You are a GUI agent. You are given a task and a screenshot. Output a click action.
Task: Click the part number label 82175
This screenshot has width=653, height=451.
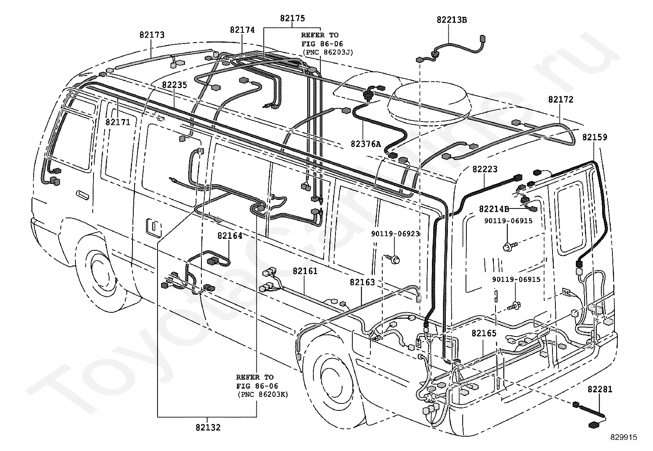point(292,18)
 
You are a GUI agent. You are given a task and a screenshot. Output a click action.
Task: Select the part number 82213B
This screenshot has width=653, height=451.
point(452,20)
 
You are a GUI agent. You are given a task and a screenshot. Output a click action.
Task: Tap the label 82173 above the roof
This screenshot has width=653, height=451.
point(152,35)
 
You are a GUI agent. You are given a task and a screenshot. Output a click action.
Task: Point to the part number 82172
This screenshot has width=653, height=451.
point(561,99)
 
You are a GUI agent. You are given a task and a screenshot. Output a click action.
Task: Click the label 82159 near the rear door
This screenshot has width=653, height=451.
point(595,137)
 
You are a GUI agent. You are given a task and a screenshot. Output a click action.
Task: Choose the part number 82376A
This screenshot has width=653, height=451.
point(365,144)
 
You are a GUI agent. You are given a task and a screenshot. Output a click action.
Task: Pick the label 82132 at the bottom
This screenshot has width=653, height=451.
point(208,427)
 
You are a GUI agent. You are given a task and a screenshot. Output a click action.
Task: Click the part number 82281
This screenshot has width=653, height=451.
point(600,389)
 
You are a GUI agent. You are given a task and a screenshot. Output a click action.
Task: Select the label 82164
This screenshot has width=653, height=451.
point(230,236)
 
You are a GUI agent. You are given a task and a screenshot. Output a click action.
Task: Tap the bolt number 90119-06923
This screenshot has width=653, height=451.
point(395,234)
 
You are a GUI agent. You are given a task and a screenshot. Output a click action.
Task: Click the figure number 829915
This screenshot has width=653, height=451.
point(624,437)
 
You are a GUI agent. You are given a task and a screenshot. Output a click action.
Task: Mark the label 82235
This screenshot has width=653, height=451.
point(174,85)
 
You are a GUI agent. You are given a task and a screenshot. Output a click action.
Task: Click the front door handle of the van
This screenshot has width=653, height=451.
point(82,195)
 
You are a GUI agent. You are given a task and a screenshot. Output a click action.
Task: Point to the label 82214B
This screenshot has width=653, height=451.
point(494,209)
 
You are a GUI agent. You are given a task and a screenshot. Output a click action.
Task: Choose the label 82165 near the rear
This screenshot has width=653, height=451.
point(484,333)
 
